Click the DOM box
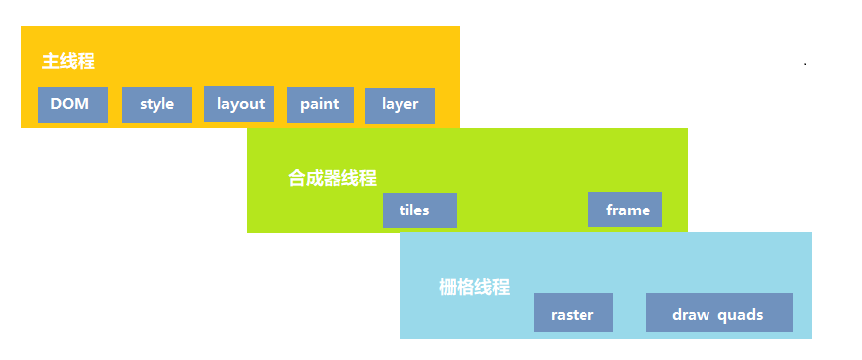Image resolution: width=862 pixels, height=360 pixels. point(73,104)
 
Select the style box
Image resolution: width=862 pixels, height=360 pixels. point(156,104)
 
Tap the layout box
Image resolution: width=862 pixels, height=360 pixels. point(238,104)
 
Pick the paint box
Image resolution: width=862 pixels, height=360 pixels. point(321,104)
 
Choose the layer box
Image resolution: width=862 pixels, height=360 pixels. point(400,105)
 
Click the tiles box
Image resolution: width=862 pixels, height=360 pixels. point(419,210)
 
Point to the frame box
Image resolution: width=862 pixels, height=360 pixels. point(625,210)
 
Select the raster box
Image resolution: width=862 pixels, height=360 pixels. point(574,313)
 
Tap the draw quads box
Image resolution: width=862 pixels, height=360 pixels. point(719,313)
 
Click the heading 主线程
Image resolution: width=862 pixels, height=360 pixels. point(69,61)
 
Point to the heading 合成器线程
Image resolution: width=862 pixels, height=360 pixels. point(333,178)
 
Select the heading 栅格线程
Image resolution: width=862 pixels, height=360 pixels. point(474,287)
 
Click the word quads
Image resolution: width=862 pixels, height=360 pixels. point(741,316)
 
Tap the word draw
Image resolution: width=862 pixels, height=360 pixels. point(691,315)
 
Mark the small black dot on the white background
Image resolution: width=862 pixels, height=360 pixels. point(805,64)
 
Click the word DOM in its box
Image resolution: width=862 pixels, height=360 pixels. point(69,104)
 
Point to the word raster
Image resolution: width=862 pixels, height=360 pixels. point(573,315)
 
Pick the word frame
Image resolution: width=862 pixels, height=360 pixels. point(629,210)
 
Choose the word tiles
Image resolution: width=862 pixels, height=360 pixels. point(414,210)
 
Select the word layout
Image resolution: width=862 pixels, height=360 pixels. point(241,104)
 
